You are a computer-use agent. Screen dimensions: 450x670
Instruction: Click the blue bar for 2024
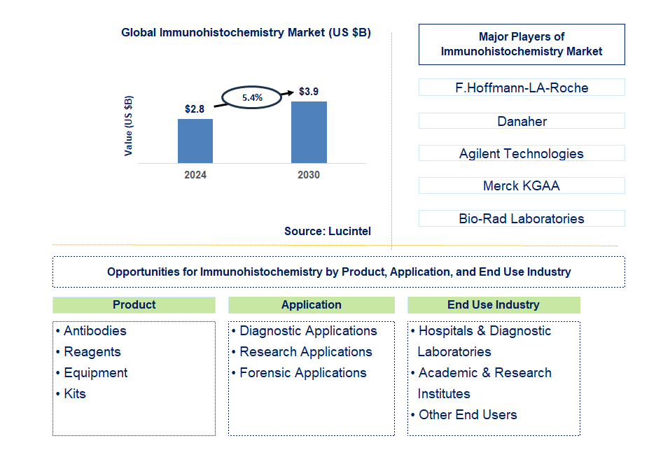click(x=195, y=141)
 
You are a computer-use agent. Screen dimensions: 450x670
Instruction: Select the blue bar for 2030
click(x=309, y=132)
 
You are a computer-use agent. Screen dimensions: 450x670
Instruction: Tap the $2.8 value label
click(x=195, y=109)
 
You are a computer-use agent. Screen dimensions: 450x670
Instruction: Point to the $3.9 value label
click(x=309, y=92)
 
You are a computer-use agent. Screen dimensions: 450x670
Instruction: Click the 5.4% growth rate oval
click(x=252, y=98)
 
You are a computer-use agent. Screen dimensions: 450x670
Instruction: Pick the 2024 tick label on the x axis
click(x=195, y=175)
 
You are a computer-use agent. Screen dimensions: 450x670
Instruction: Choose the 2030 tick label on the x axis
click(x=309, y=175)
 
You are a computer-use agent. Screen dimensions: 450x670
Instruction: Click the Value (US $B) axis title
click(x=129, y=126)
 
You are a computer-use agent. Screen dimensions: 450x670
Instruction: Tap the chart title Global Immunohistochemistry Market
click(x=246, y=32)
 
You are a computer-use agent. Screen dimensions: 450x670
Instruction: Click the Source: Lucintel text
click(x=328, y=231)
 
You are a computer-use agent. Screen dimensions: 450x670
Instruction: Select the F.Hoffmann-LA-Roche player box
click(x=522, y=88)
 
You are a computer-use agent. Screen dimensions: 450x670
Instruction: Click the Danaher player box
click(x=522, y=121)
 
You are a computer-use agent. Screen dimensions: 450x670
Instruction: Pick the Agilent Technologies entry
click(x=522, y=154)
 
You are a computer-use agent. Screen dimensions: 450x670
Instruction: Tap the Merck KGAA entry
click(x=522, y=186)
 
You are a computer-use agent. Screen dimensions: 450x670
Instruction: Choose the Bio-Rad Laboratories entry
click(x=522, y=218)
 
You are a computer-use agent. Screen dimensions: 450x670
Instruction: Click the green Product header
click(x=134, y=305)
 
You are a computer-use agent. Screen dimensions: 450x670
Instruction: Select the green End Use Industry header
click(x=494, y=305)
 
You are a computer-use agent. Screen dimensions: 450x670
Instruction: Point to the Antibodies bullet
click(x=95, y=331)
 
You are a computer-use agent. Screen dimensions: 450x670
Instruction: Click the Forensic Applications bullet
click(x=302, y=373)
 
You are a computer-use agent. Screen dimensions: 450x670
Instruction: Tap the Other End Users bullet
click(x=468, y=415)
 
